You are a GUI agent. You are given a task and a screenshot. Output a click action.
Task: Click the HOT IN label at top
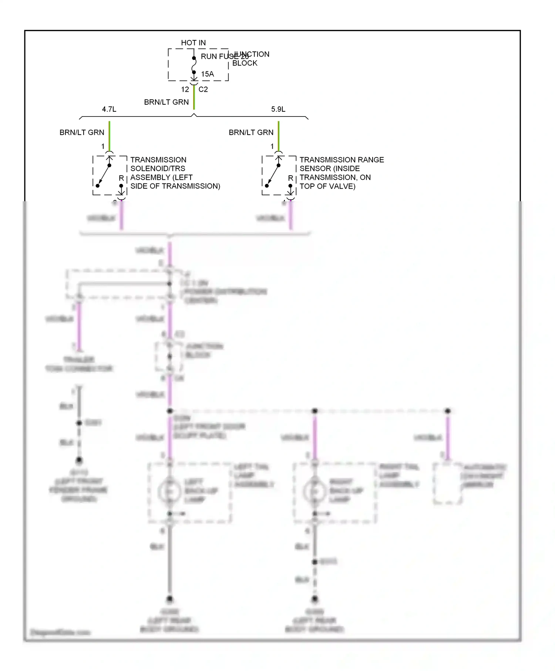click(193, 43)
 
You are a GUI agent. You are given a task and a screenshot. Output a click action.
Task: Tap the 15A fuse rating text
click(207, 74)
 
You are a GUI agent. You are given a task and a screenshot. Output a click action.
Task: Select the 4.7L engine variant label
click(109, 109)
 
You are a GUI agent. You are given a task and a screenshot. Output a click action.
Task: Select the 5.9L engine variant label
click(278, 109)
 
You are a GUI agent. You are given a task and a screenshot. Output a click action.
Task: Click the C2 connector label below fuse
click(203, 90)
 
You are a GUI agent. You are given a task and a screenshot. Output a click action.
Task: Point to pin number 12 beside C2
click(185, 90)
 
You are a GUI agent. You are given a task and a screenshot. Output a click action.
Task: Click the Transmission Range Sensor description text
click(342, 173)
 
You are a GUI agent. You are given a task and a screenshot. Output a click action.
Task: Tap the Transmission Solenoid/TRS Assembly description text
click(175, 173)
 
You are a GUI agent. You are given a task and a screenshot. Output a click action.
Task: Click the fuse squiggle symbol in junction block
click(194, 65)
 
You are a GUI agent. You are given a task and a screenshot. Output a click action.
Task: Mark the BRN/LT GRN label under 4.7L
click(82, 132)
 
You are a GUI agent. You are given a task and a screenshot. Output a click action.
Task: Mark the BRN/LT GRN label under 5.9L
click(251, 132)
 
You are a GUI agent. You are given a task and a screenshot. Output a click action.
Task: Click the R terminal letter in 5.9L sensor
click(290, 178)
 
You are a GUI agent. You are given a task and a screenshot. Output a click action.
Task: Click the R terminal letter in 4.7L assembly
click(121, 178)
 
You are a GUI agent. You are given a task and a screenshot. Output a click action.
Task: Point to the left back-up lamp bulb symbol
click(169, 492)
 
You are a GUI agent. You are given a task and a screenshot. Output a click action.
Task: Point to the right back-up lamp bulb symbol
click(314, 492)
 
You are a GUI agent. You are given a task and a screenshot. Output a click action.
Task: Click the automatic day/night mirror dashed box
click(448, 483)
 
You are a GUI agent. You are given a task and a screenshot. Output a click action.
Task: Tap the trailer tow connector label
click(79, 364)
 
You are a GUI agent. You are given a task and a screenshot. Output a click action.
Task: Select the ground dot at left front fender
click(79, 461)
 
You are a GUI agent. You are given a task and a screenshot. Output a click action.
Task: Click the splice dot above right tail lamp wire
click(315, 411)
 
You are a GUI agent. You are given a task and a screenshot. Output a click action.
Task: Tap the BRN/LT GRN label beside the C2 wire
click(166, 102)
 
